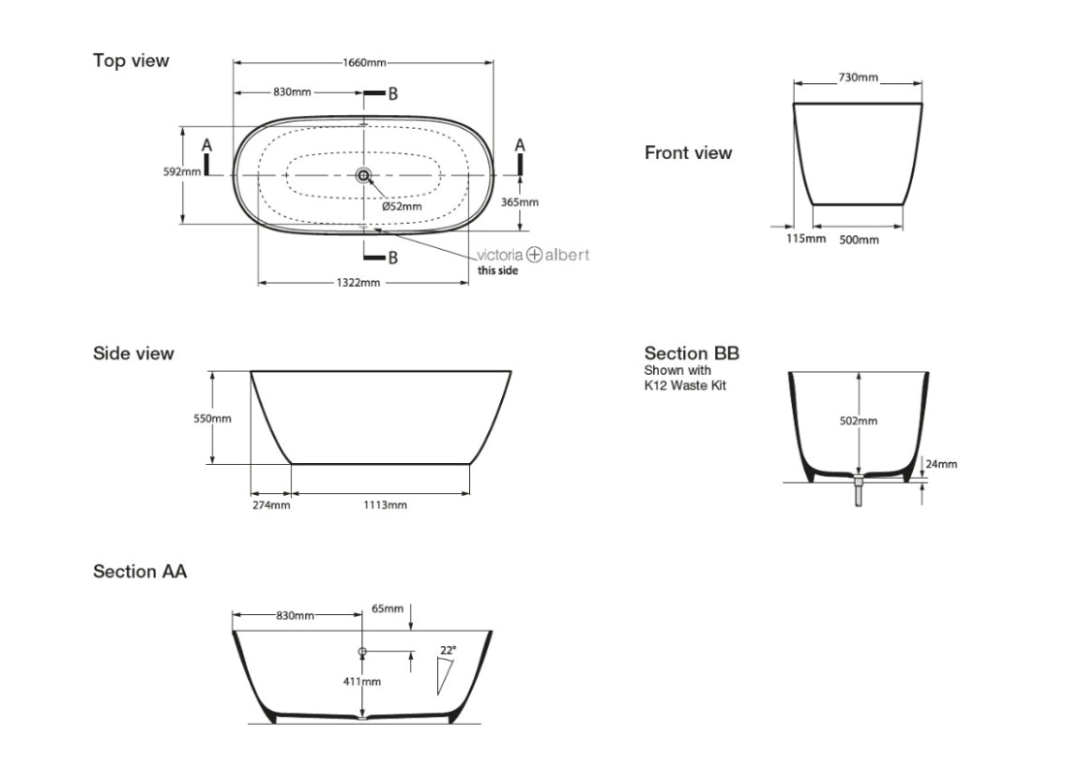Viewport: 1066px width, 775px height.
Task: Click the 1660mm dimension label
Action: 363,63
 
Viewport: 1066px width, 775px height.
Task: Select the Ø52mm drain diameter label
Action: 401,205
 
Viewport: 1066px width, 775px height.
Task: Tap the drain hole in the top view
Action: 363,175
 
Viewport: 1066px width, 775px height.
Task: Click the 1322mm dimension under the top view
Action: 359,283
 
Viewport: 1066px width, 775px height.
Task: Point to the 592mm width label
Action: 182,171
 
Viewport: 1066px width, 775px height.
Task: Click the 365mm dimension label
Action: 520,202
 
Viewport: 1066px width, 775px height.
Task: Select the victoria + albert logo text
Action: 532,255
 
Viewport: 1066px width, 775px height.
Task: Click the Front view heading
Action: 688,153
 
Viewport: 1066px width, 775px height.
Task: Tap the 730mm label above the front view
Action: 858,77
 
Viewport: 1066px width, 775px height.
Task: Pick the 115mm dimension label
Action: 805,238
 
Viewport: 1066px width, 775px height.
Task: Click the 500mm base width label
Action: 859,239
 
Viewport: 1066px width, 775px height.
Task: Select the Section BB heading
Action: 691,354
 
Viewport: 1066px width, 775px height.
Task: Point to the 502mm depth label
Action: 858,421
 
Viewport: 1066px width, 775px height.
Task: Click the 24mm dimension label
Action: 941,464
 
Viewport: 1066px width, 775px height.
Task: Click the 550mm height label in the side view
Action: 212,418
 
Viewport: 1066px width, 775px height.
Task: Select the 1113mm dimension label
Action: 386,505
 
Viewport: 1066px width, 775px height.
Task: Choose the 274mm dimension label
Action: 270,505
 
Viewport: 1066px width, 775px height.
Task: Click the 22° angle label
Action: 447,650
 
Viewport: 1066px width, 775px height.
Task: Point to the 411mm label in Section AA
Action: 362,682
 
